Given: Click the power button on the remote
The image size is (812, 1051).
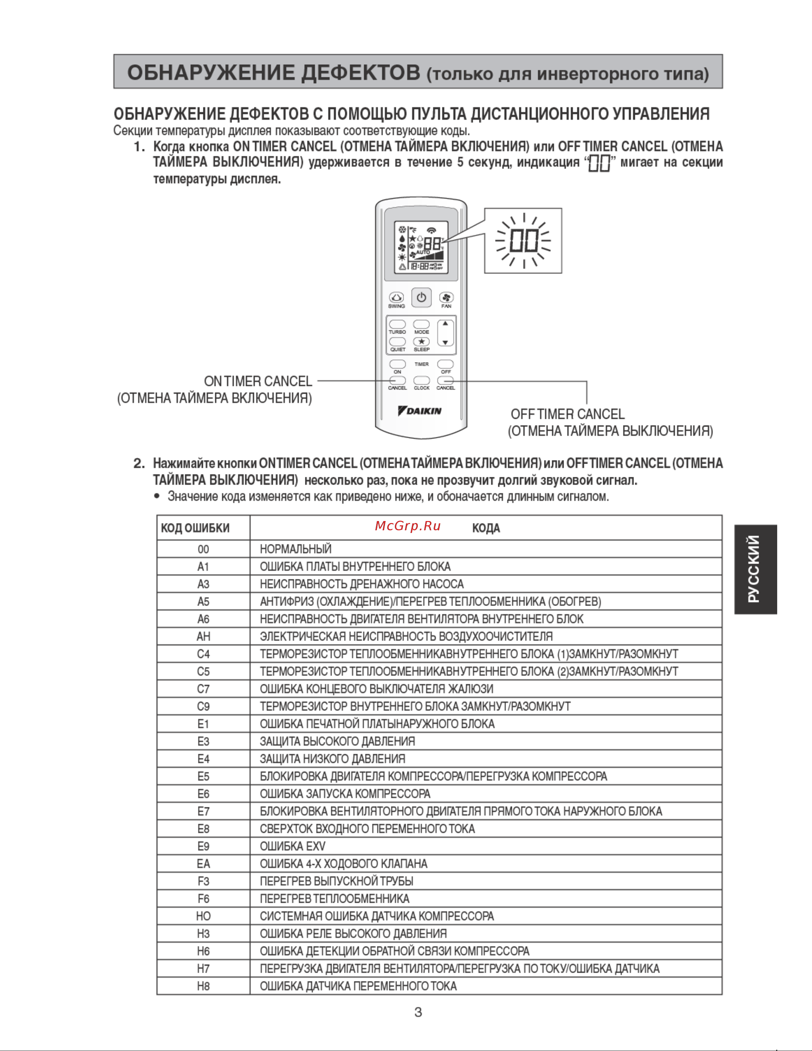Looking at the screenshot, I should coord(421,297).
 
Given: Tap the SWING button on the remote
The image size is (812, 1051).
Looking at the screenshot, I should coord(396,297).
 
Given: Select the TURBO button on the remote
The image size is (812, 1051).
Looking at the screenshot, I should coord(397,324).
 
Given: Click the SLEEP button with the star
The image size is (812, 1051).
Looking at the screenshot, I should coord(421,342).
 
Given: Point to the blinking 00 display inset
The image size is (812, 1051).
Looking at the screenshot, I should coord(523,241).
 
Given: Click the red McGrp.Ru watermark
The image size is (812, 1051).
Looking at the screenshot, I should coord(407,526).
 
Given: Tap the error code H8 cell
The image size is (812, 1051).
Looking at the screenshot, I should coord(204,986).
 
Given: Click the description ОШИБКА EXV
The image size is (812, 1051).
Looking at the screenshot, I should coord(292,846).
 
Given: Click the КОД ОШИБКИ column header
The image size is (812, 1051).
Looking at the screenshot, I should coord(195,528).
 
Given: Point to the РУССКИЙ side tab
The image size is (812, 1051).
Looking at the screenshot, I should coord(755,569).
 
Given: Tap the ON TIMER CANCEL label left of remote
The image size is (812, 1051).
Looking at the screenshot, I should coord(258,381).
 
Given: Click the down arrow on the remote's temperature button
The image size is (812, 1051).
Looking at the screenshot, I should coord(445,343).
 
